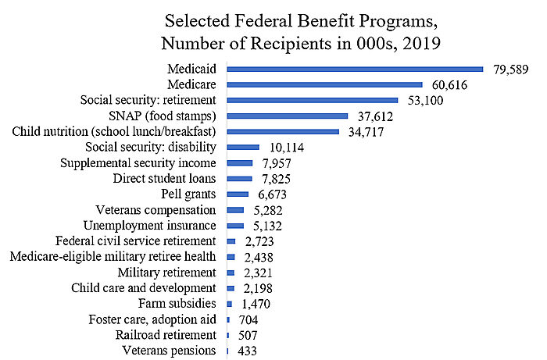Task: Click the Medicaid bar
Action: (356, 69)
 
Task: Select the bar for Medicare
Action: (324, 84)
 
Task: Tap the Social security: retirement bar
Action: (313, 100)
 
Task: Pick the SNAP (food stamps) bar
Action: (288, 116)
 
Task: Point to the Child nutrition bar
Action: (283, 131)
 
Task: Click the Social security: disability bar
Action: (243, 147)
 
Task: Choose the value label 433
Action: (246, 351)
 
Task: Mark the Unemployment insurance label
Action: (149, 226)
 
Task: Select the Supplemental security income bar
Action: (240, 162)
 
